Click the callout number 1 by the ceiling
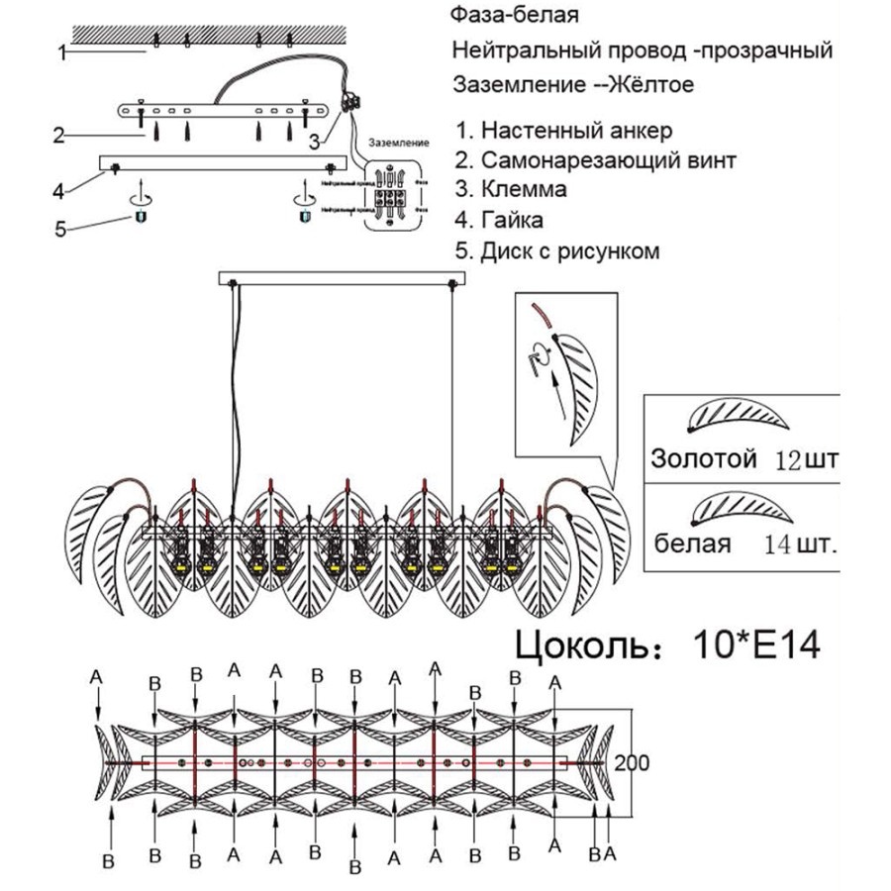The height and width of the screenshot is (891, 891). [61, 52]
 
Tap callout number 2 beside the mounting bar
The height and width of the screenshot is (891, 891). [59, 136]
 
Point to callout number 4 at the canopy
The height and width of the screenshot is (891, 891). [58, 189]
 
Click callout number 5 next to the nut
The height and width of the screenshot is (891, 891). [60, 230]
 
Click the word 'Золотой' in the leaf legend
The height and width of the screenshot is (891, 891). [704, 459]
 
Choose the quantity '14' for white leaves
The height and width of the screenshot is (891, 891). [780, 544]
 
